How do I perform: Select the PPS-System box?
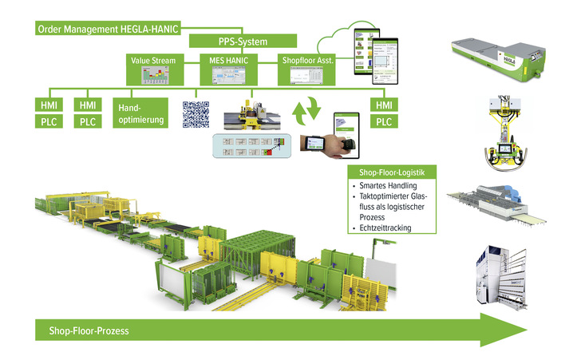[243, 42]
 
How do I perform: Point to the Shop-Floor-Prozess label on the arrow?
[88, 328]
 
